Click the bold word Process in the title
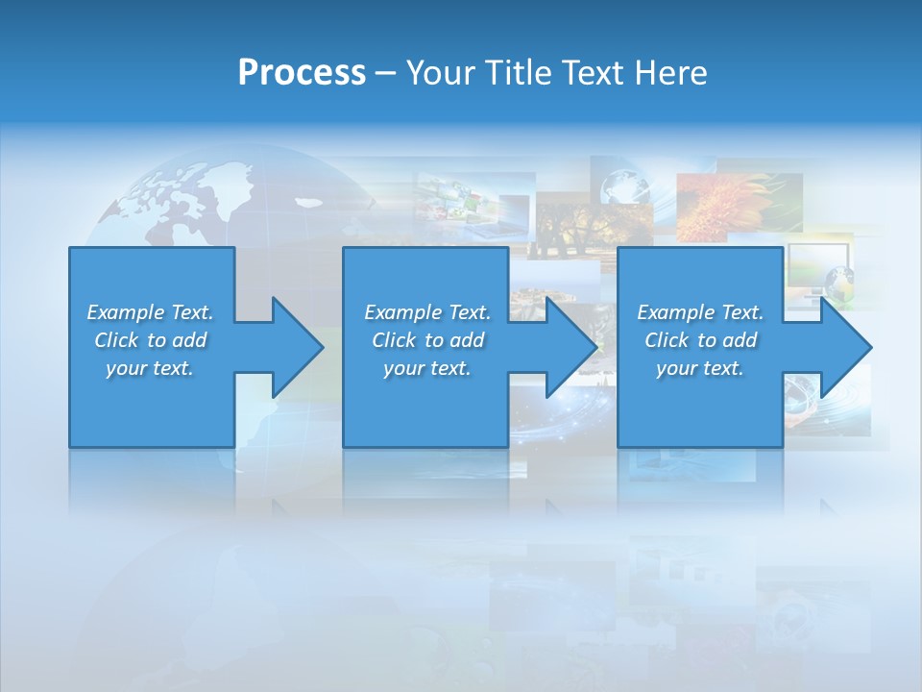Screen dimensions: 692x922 coord(302,73)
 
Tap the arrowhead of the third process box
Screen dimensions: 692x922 coord(844,347)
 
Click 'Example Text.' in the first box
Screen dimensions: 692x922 coord(150,312)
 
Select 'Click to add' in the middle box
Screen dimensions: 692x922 coord(427,340)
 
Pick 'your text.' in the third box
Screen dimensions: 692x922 coord(699,368)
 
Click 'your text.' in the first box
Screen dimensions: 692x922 coord(150,368)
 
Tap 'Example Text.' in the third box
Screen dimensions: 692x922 coord(699,312)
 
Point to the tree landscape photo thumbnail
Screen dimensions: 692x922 coord(567,226)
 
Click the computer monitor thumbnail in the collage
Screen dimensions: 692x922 coord(818,267)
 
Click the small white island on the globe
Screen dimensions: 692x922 coord(307,202)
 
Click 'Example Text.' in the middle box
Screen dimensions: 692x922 coord(427,312)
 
